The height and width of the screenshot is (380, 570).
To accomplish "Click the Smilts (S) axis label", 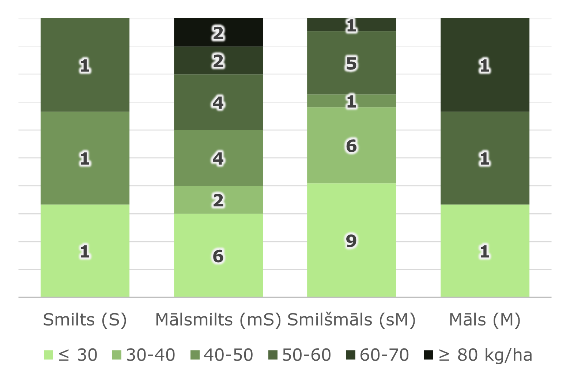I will tap(85, 320).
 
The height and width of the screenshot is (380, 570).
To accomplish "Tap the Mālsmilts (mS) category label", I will tap(218, 320).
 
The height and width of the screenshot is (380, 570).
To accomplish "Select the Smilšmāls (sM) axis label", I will tap(351, 320).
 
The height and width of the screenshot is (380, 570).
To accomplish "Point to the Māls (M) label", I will tap(484, 320).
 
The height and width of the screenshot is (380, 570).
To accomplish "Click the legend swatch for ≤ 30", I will tap(48, 355).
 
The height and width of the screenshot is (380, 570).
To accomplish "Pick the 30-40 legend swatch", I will tap(117, 355).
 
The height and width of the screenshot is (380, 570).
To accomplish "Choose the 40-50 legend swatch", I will tap(195, 355).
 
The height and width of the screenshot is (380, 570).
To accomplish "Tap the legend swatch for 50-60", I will tap(273, 355).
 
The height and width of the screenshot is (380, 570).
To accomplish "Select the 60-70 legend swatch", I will tap(351, 355).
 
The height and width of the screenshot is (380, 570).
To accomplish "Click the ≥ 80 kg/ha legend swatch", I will tap(429, 355).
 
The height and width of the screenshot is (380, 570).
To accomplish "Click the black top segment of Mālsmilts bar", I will tap(218, 33).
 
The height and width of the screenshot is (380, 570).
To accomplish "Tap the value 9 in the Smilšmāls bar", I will tap(351, 241).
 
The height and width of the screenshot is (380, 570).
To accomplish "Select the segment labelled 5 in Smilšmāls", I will tap(351, 63).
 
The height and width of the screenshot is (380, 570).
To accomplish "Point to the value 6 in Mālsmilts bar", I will tap(218, 256).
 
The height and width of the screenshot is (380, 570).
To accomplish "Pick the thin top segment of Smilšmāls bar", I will tap(351, 25).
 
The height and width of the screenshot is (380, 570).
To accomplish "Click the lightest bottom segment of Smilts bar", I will tap(85, 251).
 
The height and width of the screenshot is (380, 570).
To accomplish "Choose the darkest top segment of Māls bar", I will tap(485, 65).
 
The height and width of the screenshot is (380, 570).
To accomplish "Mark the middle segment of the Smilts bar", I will tap(85, 158).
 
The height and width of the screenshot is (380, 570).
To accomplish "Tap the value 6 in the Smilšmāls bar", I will tap(351, 146).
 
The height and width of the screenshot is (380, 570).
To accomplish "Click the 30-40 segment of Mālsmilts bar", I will tap(218, 200).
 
